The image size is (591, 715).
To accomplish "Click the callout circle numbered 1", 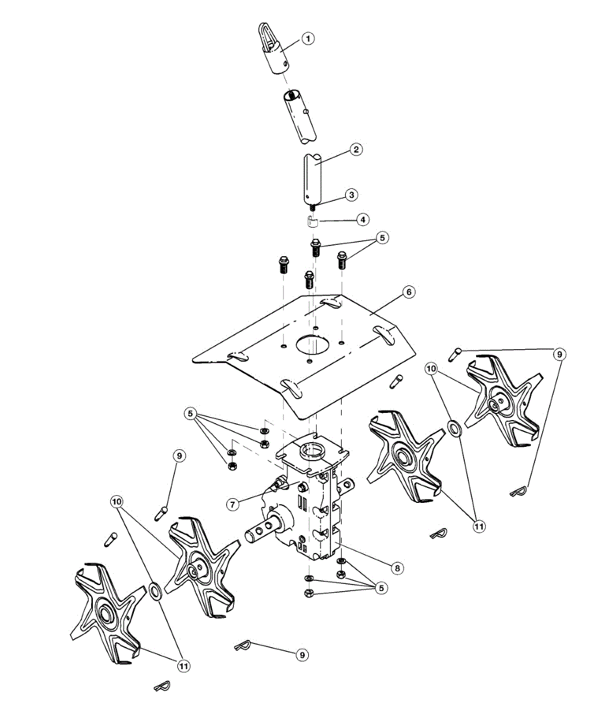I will pos(308,39).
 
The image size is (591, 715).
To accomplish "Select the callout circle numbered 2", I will pos(355,150).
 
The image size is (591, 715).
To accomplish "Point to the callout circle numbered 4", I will pos(361,219).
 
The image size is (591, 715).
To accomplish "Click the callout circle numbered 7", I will pos(233,504).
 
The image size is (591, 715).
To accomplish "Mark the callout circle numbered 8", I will pos(398,568).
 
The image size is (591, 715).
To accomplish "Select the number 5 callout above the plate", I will pos(382,238).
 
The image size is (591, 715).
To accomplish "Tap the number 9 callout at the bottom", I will pos(302,654).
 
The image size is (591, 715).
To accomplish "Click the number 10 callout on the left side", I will pos(118,502).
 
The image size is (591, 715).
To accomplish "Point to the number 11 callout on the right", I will pos(479,527).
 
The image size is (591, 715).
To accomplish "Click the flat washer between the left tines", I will pos(155,592).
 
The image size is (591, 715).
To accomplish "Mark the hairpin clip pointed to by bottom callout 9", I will pos(242,646).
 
